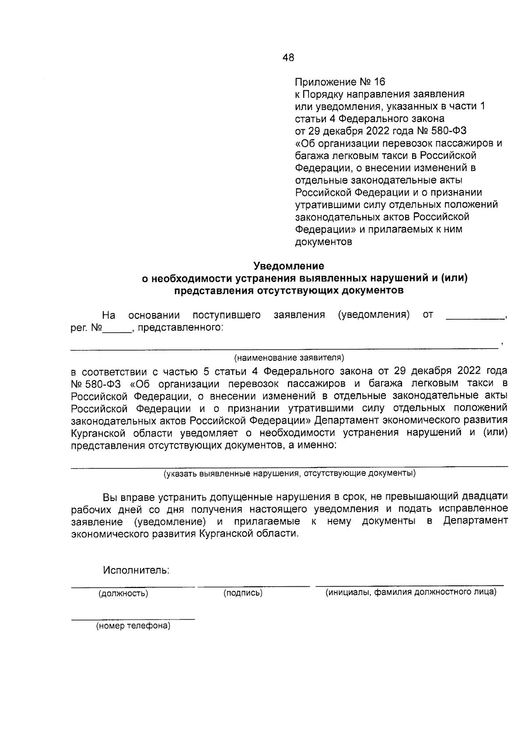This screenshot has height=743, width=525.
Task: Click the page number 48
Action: tap(289, 57)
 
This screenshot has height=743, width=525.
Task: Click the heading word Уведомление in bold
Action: tap(289, 266)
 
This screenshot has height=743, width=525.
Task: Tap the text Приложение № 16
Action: tap(339, 82)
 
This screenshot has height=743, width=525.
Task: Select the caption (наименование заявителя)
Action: tap(289, 358)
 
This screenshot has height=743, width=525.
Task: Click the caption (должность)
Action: tap(123, 593)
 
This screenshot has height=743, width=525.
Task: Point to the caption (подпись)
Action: tap(243, 593)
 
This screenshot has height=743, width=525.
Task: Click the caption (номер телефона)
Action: tap(133, 626)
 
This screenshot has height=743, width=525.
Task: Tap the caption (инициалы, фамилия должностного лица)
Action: tap(410, 592)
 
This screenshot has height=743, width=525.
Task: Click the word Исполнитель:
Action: tap(136, 570)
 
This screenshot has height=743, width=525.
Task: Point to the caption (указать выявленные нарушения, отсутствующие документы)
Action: tap(289, 473)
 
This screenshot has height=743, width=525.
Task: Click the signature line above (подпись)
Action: tap(253, 585)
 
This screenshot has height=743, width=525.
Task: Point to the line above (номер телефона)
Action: tap(133, 619)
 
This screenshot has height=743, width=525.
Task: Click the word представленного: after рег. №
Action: tap(180, 327)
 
